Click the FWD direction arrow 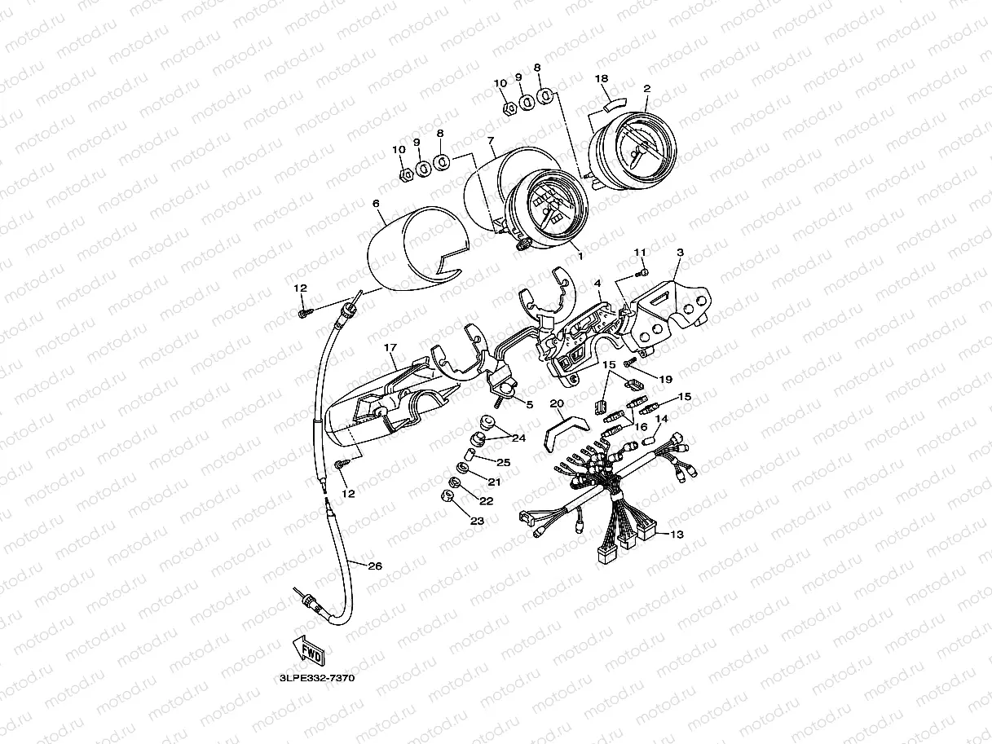click(x=309, y=649)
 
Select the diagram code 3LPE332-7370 click(x=317, y=678)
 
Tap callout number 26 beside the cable click(x=375, y=566)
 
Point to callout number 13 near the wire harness click(x=677, y=535)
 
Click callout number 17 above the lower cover click(x=390, y=347)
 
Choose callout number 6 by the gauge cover click(x=376, y=204)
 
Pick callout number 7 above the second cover click(x=491, y=141)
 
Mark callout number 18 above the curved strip click(x=602, y=78)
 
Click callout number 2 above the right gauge click(x=646, y=89)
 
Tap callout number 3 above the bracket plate click(x=680, y=253)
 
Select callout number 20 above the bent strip click(x=557, y=403)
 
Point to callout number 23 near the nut click(x=477, y=521)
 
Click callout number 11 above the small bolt click(x=640, y=252)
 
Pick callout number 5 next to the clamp click(x=530, y=404)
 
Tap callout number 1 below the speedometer click(x=580, y=256)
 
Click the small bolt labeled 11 click(x=641, y=272)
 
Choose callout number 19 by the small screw click(x=666, y=380)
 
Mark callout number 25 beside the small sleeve click(x=504, y=463)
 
